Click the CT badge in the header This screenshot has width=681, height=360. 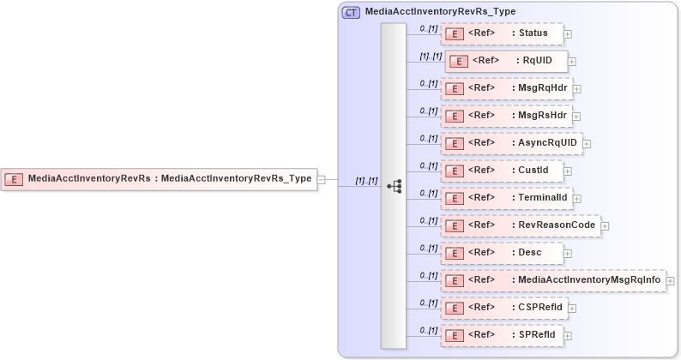tap(351, 13)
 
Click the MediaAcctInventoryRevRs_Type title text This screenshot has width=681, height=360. tap(440, 12)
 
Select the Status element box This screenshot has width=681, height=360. tap(502, 33)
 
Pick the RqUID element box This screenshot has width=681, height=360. tap(506, 61)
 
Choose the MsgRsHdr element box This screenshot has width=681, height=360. tap(506, 116)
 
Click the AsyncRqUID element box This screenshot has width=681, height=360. tap(511, 143)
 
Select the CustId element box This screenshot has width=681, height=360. tap(502, 171)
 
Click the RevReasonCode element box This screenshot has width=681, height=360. tap(521, 225)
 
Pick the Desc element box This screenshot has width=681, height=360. tap(502, 253)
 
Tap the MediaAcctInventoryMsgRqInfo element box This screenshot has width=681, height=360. tap(553, 280)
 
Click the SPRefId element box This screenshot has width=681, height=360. tap(502, 335)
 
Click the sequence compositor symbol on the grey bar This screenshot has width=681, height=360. tap(395, 186)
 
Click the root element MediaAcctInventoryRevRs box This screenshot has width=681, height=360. tap(159, 179)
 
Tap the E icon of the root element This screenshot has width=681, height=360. tap(15, 179)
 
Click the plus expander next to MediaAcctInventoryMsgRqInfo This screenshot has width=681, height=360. tap(671, 281)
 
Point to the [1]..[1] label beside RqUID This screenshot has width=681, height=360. tap(430, 56)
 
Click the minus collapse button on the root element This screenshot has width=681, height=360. tap(322, 179)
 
